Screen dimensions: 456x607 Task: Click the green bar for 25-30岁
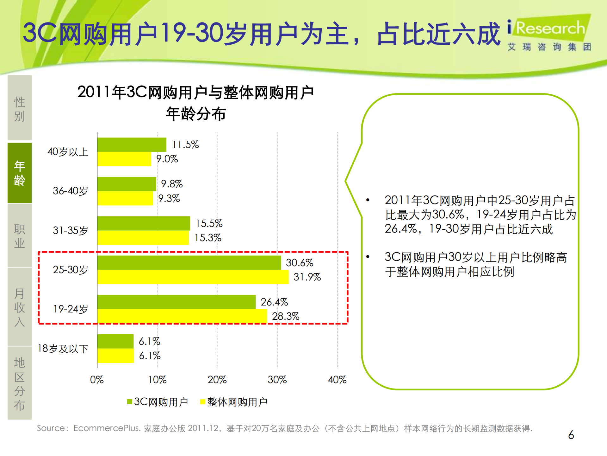[189, 263]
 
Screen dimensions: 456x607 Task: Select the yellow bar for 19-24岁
[182, 316]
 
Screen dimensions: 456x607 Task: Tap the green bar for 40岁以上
[132, 145]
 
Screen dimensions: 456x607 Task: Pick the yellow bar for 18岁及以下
[115, 356]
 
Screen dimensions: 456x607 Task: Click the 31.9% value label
[307, 277]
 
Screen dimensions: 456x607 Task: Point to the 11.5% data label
[185, 145]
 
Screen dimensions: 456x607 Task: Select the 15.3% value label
[207, 238]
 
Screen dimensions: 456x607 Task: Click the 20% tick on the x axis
[217, 380]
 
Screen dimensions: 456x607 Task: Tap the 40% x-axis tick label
[337, 380]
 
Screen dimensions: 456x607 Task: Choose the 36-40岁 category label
[70, 191]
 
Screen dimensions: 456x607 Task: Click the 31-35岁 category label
[70, 230]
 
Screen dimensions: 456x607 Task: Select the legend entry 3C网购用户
[158, 402]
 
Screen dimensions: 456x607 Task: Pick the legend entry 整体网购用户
[234, 402]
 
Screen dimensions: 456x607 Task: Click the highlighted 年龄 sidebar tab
[20, 173]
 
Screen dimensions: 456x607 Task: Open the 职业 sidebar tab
[20, 236]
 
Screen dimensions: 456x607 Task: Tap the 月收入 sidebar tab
[20, 307]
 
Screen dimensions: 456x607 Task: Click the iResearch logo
[549, 33]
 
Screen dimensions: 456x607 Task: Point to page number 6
[571, 435]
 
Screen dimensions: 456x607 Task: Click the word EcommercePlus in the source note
[106, 428]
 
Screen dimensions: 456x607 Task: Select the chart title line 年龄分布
[196, 114]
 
